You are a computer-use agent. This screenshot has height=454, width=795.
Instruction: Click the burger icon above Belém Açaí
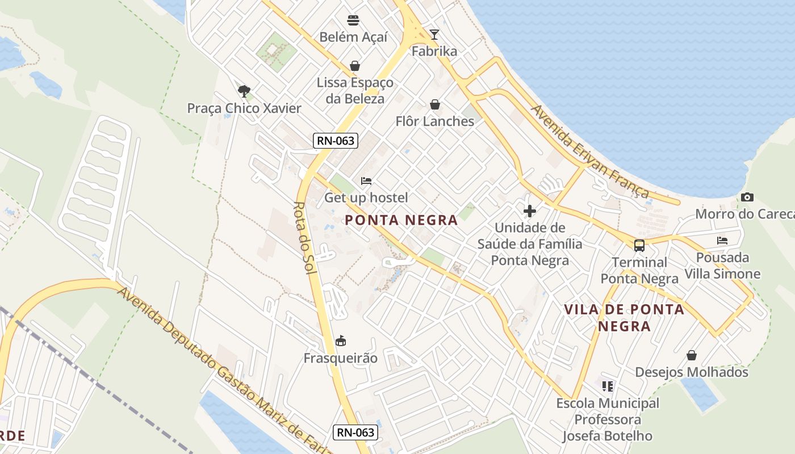[353, 21]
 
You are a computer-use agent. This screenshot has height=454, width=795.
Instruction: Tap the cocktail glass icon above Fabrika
[434, 35]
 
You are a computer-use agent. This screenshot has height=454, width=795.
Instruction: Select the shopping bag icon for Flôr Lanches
[435, 105]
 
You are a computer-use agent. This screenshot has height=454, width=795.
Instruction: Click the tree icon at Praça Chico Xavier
[244, 91]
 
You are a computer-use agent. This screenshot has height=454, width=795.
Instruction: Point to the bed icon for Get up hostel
[366, 181]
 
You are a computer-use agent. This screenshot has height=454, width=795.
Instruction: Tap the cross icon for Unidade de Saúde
[530, 211]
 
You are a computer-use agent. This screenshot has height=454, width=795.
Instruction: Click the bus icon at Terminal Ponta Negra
[639, 246]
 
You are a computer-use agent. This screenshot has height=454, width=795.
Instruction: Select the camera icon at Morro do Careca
[747, 197]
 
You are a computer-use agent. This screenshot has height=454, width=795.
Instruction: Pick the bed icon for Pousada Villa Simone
[722, 241]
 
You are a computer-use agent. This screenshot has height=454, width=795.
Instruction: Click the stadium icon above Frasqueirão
[341, 341]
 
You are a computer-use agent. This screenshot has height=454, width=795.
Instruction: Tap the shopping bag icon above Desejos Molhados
[692, 355]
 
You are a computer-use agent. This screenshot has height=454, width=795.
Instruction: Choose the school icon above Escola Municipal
[608, 386]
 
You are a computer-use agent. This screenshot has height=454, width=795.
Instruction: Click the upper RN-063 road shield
[336, 141]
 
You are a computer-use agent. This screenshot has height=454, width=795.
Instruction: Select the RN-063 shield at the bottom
[355, 432]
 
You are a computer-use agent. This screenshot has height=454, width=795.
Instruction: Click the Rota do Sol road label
[304, 238]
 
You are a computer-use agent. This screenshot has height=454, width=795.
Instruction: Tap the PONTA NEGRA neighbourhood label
[401, 220]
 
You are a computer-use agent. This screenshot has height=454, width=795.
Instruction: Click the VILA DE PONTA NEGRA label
[624, 318]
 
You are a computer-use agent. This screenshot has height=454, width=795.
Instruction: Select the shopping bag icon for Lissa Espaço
[355, 66]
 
